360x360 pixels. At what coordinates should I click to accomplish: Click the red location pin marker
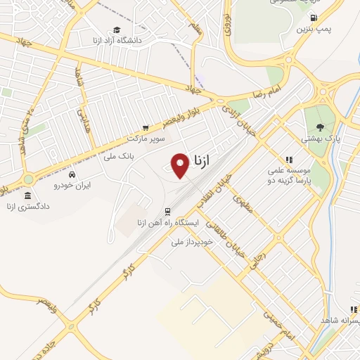tap(181, 165)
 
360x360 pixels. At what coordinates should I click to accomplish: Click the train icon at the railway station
tap(167, 211)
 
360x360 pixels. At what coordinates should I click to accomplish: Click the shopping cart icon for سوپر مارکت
tap(146, 128)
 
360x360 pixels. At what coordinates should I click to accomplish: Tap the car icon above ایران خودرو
tap(73, 174)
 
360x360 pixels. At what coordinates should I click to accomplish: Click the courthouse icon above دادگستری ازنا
tap(27, 195)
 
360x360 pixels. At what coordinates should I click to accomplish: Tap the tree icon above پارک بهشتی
tap(321, 127)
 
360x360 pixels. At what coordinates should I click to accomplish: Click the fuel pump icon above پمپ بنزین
tap(313, 18)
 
